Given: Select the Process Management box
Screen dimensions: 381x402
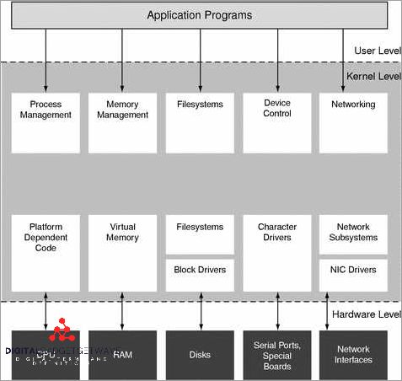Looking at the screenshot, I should [x=46, y=122].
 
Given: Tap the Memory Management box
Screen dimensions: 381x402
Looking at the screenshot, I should [x=122, y=122].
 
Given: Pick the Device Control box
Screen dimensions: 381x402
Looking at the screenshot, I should [x=277, y=122].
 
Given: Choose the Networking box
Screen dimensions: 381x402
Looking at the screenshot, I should [x=353, y=122].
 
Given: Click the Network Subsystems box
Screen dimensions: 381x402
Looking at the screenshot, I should [x=353, y=233].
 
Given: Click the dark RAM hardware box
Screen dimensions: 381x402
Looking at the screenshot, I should [x=122, y=355].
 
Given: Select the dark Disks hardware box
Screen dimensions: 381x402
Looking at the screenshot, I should [x=200, y=355].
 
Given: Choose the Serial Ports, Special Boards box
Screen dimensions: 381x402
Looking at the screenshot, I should [x=277, y=355].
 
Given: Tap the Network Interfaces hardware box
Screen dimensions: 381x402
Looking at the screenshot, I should [x=353, y=355].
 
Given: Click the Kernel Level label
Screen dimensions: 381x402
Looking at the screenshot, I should [x=373, y=76].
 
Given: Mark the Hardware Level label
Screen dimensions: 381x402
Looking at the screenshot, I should [x=367, y=314].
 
